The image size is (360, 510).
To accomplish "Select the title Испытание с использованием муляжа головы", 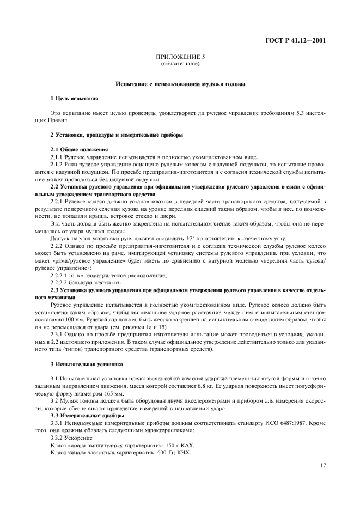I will click(180, 84).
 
